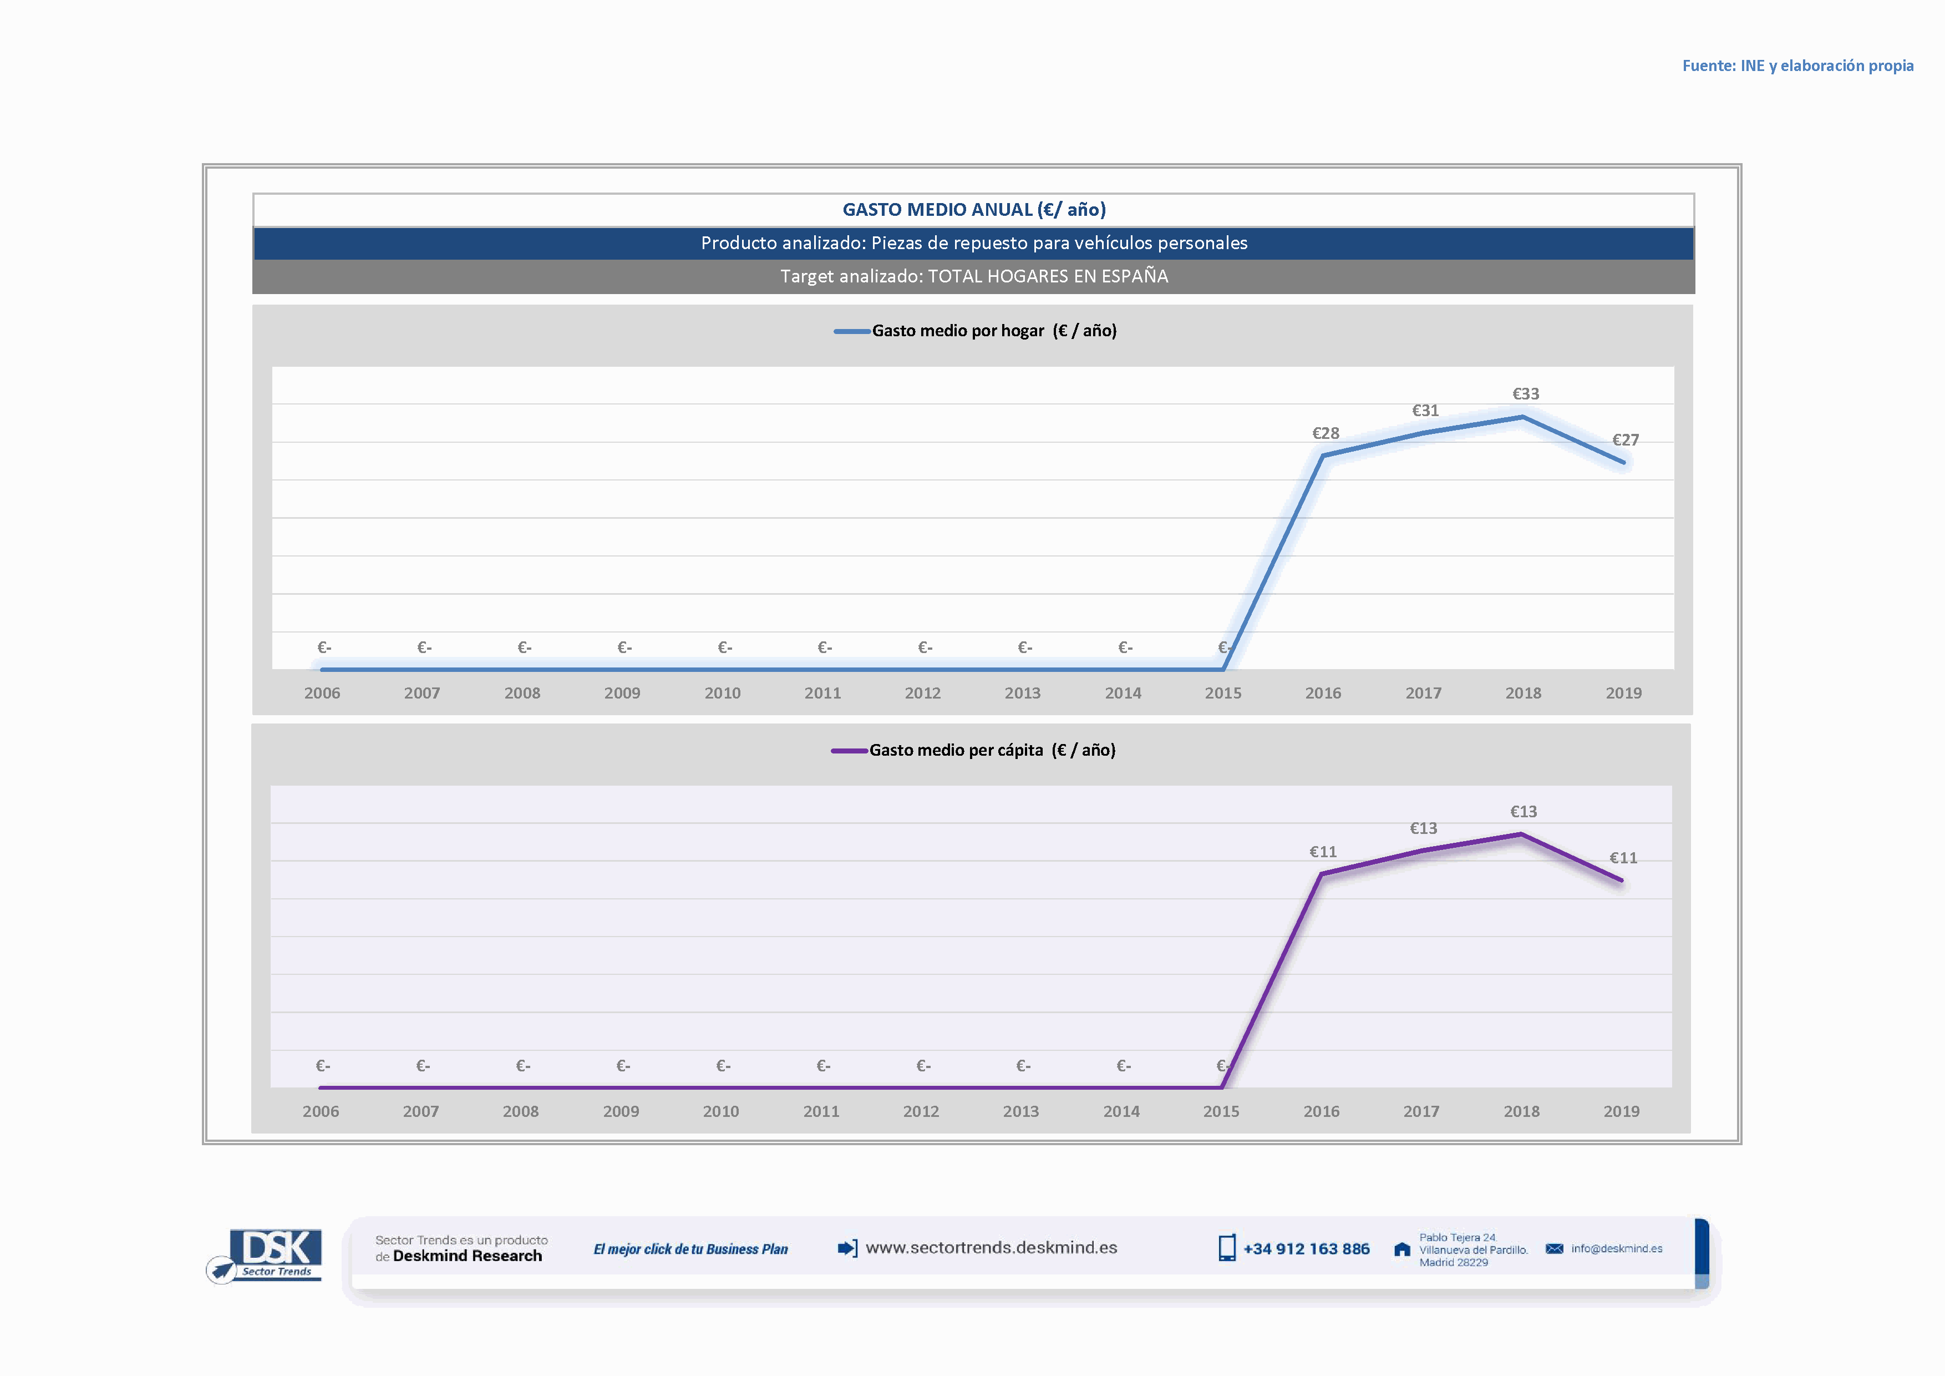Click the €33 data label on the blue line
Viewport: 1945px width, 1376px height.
point(1526,394)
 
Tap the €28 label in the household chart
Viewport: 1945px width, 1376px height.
point(1326,433)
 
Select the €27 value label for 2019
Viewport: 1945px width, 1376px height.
point(1626,440)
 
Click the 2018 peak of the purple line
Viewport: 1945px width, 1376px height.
point(1521,834)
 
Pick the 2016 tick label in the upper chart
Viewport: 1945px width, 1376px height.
point(1323,693)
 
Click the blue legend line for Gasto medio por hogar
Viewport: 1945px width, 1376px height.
point(851,331)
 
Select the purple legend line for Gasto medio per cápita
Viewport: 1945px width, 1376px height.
point(849,751)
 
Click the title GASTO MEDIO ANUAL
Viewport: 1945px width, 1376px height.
point(974,209)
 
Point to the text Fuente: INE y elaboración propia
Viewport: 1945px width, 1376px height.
point(1797,65)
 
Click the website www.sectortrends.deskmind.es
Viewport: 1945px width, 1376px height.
point(991,1247)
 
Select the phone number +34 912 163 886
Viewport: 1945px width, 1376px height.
point(1306,1249)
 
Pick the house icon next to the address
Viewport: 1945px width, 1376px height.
point(1402,1249)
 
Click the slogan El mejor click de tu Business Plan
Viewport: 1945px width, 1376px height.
point(690,1249)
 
